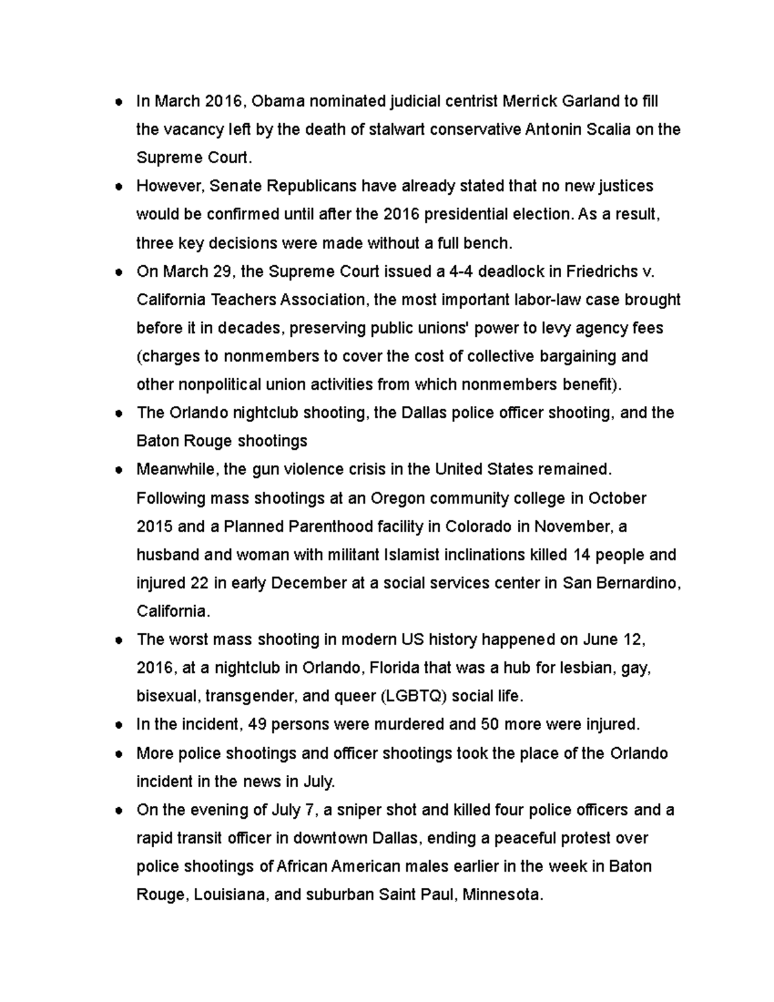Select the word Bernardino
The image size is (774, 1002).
click(x=637, y=583)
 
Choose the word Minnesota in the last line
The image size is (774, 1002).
click(x=503, y=895)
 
